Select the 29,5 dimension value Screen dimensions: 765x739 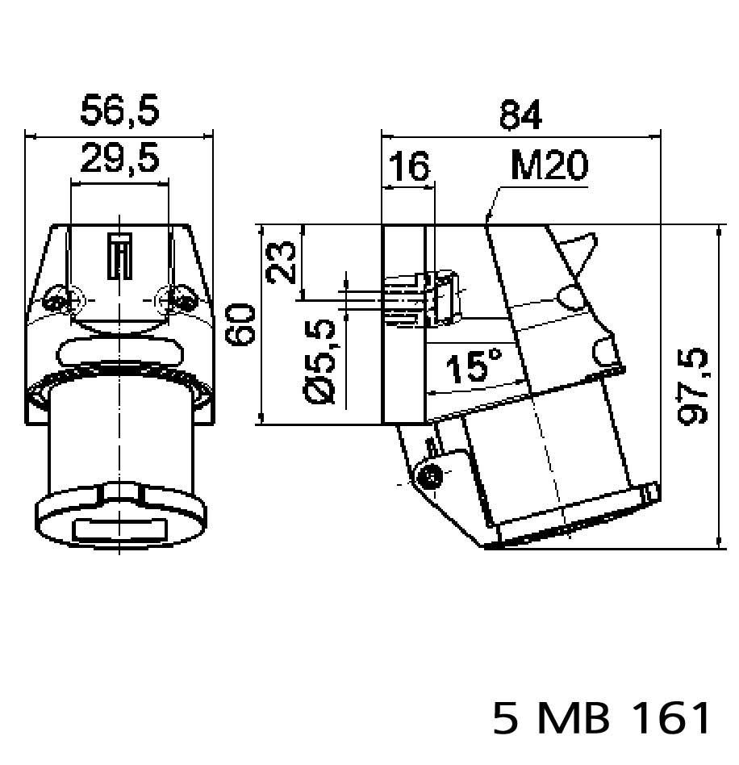(x=119, y=161)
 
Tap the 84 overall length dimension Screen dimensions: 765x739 (x=520, y=115)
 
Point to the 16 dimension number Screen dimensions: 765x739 (x=409, y=168)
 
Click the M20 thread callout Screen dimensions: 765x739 (x=549, y=167)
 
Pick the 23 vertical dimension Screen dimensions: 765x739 (x=282, y=261)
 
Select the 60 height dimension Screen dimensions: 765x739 (x=241, y=324)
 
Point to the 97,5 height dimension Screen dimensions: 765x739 (x=692, y=387)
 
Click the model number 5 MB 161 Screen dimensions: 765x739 (x=603, y=717)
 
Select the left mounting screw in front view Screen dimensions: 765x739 (x=58, y=302)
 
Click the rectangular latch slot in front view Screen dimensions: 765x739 (x=119, y=256)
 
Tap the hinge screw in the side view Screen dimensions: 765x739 (x=429, y=476)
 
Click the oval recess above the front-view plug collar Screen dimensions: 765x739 (x=119, y=353)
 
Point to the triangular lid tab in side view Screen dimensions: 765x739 (x=581, y=250)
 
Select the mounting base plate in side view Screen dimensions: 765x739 (x=403, y=323)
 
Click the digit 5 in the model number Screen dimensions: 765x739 (x=506, y=717)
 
